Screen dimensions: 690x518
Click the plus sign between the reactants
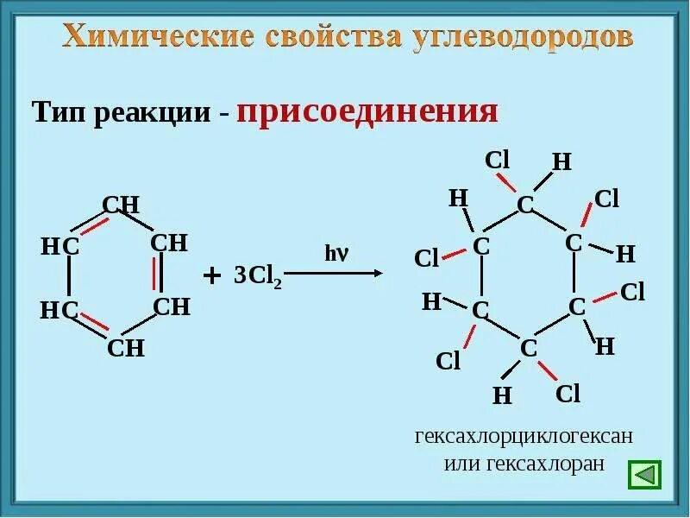[x=211, y=276]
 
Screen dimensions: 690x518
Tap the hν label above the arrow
[x=336, y=254]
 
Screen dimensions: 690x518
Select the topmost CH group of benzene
[x=121, y=205]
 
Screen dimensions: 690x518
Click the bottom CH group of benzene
[x=126, y=349]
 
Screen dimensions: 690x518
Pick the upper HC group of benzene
[x=60, y=247]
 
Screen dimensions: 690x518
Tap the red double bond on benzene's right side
[x=156, y=275]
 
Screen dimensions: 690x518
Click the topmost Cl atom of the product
[x=498, y=160]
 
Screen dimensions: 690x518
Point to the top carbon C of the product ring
[x=525, y=205]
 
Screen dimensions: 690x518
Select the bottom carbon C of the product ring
[x=529, y=348]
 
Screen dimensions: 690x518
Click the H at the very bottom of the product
[x=502, y=395]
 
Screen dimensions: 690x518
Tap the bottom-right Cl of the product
[x=568, y=395]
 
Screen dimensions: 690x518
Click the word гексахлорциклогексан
[x=524, y=436]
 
